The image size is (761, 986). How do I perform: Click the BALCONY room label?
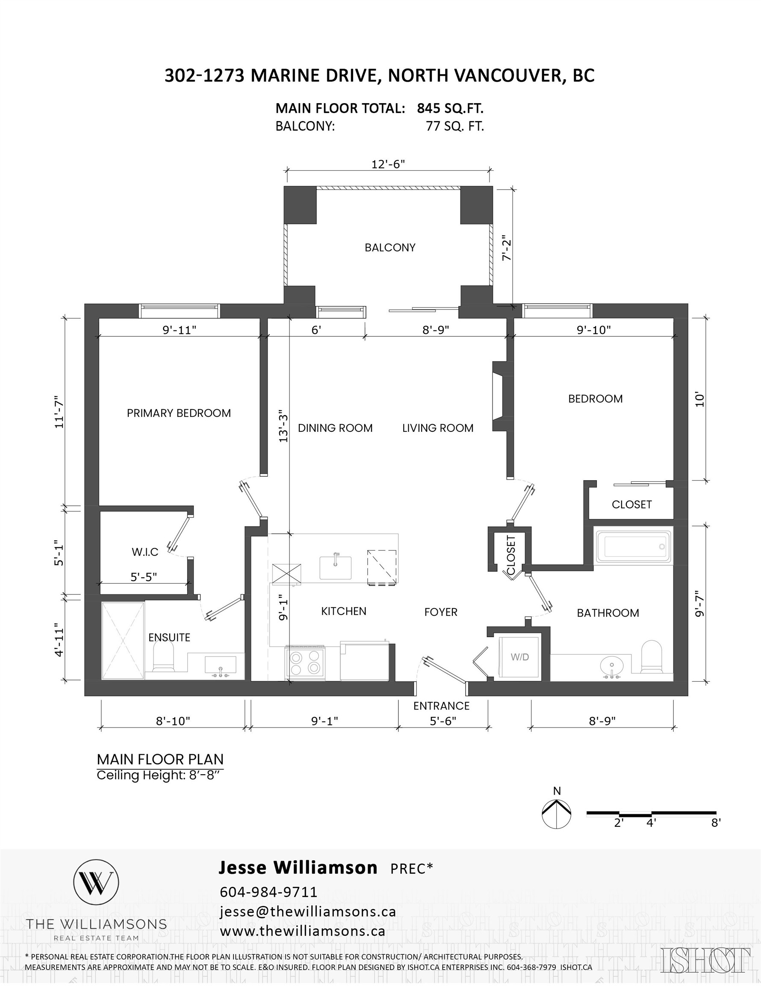click(x=390, y=247)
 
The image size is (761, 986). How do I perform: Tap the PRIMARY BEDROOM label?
click(x=179, y=413)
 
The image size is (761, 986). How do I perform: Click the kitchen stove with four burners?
click(x=305, y=663)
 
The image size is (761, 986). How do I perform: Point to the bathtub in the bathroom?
click(x=632, y=546)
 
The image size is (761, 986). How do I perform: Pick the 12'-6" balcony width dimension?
click(x=388, y=164)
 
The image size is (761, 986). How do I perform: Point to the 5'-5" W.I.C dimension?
click(x=144, y=577)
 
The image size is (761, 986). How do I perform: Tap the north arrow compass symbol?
click(x=557, y=814)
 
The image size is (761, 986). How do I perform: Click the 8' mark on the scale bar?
click(x=715, y=823)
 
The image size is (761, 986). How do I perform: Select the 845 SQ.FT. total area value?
click(x=450, y=108)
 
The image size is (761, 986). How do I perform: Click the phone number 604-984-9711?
click(x=268, y=892)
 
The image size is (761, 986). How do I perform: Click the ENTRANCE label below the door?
click(x=441, y=706)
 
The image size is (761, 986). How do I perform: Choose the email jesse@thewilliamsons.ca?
click(x=308, y=912)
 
